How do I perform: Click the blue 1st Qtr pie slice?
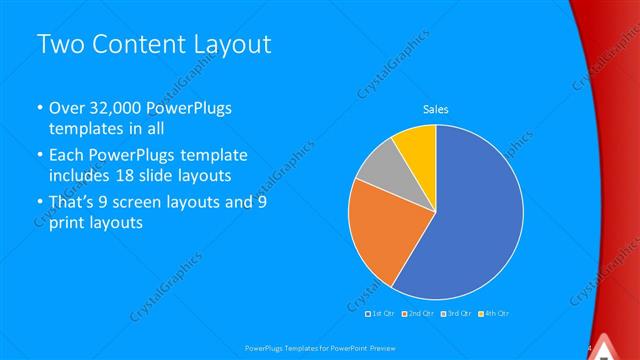click(470, 220)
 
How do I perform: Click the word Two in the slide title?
click(59, 44)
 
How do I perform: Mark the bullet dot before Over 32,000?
click(38, 108)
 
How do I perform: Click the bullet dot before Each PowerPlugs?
click(38, 156)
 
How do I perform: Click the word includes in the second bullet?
click(85, 176)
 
